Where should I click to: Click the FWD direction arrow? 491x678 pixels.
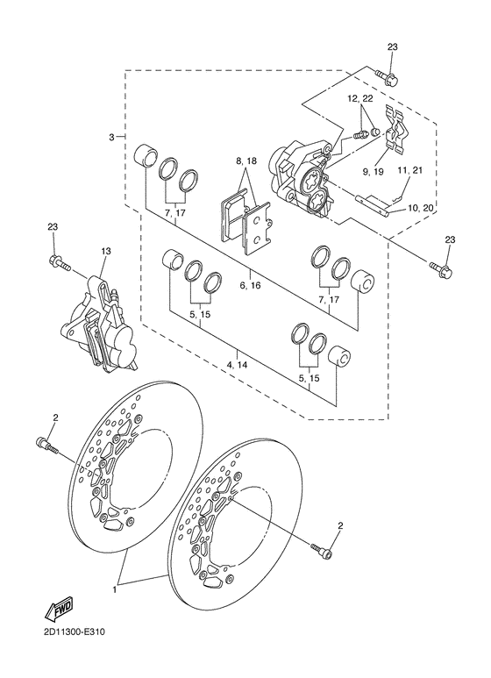coord(60,608)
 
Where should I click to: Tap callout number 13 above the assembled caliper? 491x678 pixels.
coord(106,251)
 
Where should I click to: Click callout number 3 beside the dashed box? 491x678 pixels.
coord(111,137)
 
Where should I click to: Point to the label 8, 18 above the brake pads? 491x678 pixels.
coord(246,161)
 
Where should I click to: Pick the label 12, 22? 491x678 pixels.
coord(360,99)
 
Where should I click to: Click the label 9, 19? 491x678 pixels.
coord(373,172)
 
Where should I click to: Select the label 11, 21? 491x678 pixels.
coord(409,170)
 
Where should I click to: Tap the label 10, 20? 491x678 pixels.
coord(421,209)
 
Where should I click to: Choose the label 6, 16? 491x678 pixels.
coord(251,285)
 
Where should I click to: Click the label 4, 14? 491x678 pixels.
coord(237,365)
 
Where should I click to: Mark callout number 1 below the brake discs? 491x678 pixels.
coord(115,589)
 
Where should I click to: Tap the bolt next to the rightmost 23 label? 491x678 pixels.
coord(441,268)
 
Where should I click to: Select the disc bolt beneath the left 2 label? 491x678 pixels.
coord(46,446)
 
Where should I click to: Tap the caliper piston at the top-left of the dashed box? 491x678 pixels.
coord(145,156)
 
